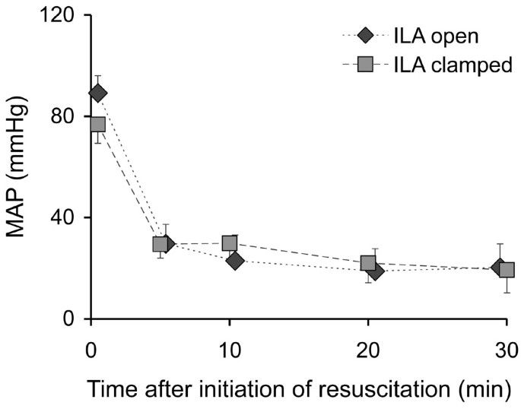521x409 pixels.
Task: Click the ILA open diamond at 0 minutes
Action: (97, 93)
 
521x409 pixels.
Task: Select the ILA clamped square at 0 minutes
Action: (97, 124)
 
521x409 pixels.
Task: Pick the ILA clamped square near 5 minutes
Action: (160, 244)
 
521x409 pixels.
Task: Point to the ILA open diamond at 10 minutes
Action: (235, 261)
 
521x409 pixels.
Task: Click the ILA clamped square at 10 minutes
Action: (229, 243)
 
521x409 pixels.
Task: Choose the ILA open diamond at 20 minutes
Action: (374, 271)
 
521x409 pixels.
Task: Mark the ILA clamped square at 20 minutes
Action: (368, 264)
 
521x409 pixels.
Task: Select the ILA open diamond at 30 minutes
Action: (499, 267)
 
